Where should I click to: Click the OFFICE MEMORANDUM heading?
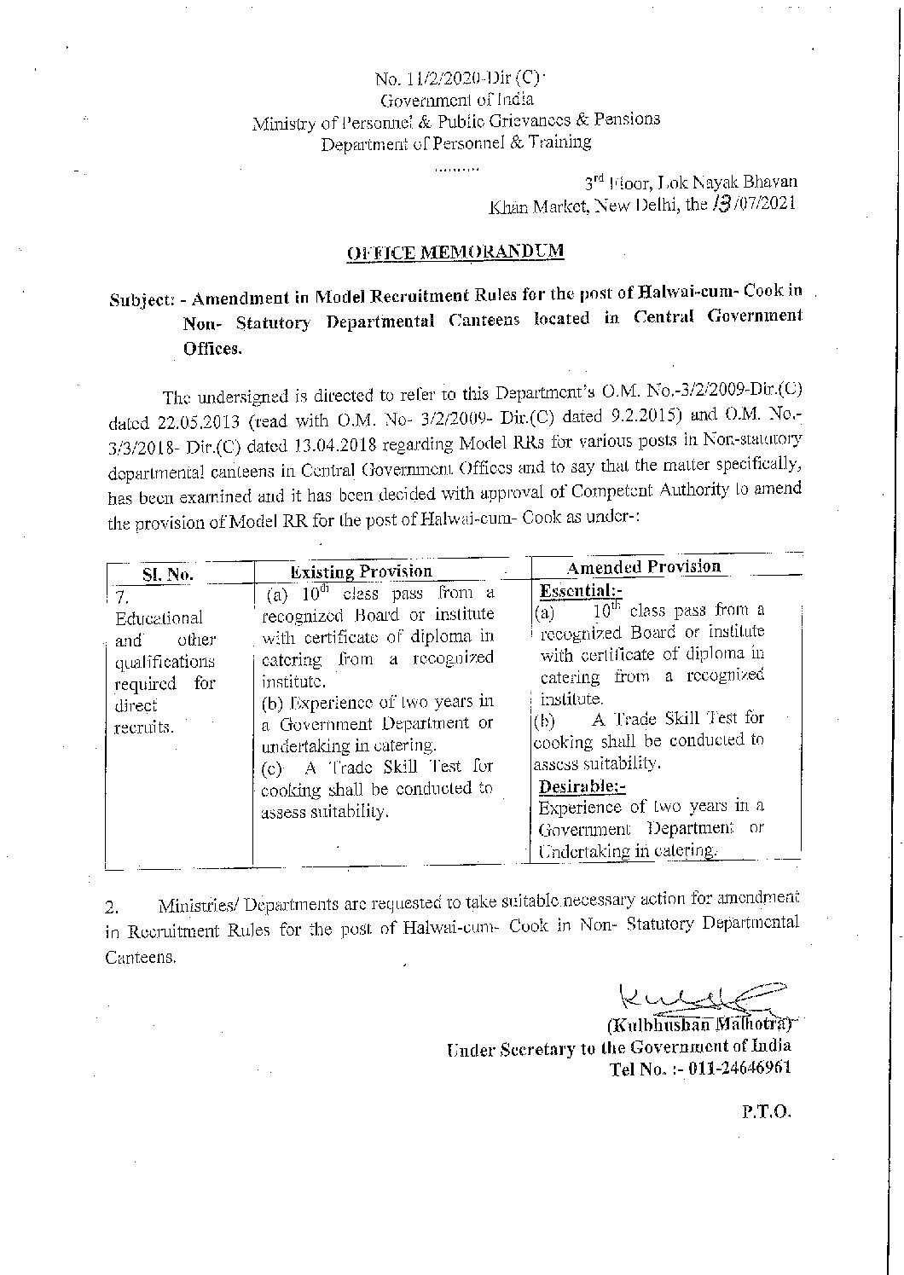455,252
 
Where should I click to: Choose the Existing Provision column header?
362,571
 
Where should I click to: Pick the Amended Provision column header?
644,566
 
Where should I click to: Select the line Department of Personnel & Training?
455,143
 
